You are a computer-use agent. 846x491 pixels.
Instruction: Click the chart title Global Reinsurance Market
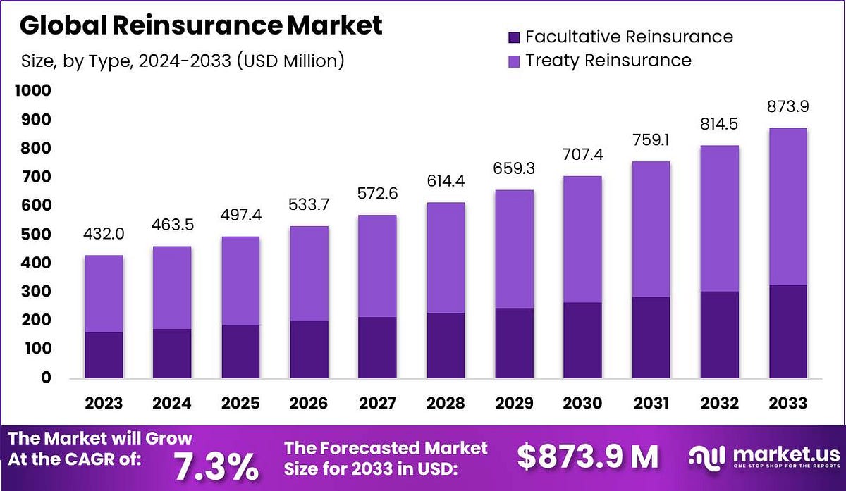tap(201, 25)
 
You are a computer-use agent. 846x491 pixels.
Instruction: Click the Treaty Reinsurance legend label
tap(608, 60)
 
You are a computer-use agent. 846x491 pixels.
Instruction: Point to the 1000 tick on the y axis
tap(31, 91)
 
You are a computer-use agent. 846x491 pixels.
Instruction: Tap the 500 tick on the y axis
tap(35, 235)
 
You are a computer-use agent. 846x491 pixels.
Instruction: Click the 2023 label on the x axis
tap(104, 404)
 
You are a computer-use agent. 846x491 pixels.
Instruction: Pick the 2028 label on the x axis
tap(446, 404)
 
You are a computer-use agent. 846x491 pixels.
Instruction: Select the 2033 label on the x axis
tap(787, 404)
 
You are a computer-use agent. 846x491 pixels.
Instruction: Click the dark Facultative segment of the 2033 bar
tap(787, 331)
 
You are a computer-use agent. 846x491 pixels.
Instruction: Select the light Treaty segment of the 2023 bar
tap(104, 293)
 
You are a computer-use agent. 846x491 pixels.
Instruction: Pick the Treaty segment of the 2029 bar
tap(514, 249)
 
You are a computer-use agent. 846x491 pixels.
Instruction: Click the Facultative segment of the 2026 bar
tap(309, 349)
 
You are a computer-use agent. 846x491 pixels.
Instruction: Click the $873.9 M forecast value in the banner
tap(587, 457)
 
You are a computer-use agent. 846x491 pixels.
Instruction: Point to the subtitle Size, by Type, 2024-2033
tap(182, 61)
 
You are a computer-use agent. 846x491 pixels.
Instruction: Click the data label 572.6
tap(377, 198)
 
